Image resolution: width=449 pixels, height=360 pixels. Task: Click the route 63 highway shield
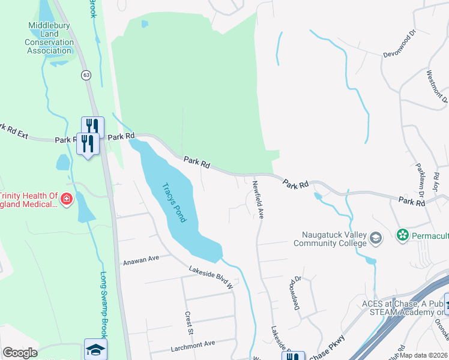point(87,74)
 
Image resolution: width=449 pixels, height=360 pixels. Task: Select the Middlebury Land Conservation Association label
point(50,38)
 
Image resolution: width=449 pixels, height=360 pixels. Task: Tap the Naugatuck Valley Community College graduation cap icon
point(376,238)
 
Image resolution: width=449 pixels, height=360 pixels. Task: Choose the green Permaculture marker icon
point(402,234)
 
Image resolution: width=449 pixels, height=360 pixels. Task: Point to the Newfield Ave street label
point(258,200)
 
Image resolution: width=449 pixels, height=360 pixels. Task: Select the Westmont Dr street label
point(436,85)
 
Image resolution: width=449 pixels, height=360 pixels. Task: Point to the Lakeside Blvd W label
point(210,278)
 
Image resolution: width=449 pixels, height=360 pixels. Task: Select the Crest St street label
point(188,322)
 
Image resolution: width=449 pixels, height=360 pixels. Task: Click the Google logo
point(20,352)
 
